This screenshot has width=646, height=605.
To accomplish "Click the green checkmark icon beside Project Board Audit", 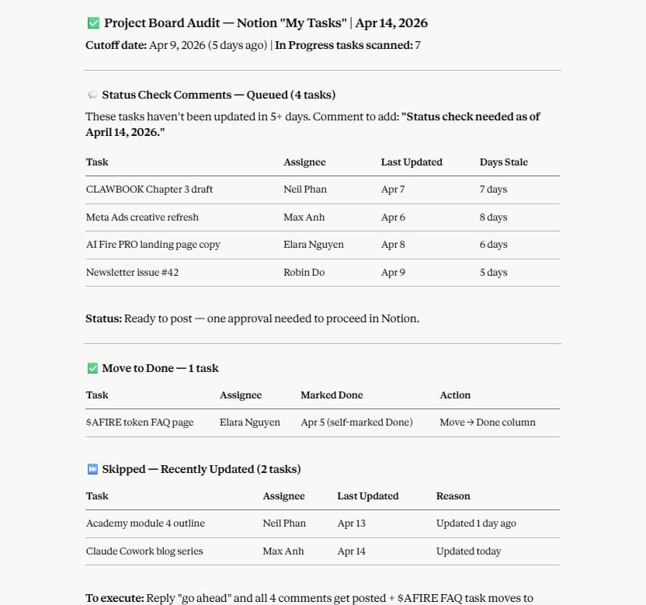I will click(x=93, y=23).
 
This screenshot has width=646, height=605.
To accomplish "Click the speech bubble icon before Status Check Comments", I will click(x=92, y=95).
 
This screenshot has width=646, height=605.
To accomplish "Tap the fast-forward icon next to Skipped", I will click(x=92, y=469).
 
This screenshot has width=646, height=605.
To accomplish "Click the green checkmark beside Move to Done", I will click(x=92, y=368).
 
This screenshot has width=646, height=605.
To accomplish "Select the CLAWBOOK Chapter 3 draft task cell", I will click(x=149, y=189).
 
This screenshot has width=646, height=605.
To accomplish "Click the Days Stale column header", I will click(x=503, y=162).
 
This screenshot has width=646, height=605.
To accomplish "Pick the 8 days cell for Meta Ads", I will click(x=493, y=217).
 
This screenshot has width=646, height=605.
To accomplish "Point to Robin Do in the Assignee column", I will click(x=304, y=273).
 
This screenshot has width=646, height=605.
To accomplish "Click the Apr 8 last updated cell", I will click(x=393, y=245).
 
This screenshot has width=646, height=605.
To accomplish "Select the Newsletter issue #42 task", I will click(x=132, y=273).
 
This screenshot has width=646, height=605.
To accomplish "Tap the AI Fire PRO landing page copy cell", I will click(x=153, y=245).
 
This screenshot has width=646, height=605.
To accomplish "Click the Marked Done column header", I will click(x=332, y=395).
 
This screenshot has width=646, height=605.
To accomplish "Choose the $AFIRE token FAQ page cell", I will click(x=140, y=422).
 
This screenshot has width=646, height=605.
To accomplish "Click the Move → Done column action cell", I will click(x=487, y=422).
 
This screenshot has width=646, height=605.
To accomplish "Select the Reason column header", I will click(x=453, y=496).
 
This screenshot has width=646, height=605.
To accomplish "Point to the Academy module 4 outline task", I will click(x=145, y=523).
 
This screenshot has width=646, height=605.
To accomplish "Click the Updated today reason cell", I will click(x=468, y=551).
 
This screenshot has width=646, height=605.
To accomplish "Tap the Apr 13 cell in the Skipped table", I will click(x=351, y=523).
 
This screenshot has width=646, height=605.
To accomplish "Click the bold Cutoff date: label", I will click(x=116, y=45).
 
